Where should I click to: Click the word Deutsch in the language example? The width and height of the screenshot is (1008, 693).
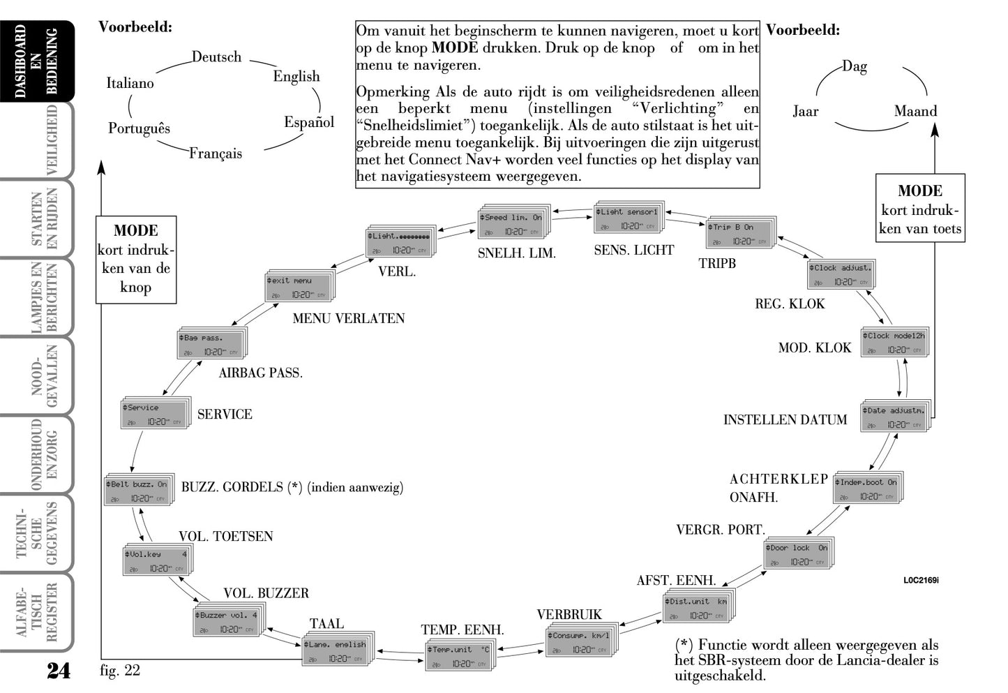pyautogui.click(x=216, y=57)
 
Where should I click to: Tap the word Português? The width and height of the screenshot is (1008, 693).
pyautogui.click(x=139, y=128)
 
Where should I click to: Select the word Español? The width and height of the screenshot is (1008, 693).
pyautogui.click(x=309, y=122)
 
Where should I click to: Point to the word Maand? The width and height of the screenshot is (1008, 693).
pyautogui.click(x=915, y=111)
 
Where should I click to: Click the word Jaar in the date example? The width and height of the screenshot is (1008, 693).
pyautogui.click(x=805, y=111)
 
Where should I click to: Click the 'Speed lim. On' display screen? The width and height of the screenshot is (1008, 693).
pyautogui.click(x=512, y=224)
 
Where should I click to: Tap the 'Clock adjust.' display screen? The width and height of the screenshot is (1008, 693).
pyautogui.click(x=840, y=274)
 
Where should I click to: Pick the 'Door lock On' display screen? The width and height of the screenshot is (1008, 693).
pyautogui.click(x=798, y=554)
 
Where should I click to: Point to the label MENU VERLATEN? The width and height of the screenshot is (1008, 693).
pyautogui.click(x=349, y=318)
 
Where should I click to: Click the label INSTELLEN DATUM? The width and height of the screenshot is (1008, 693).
pyautogui.click(x=785, y=419)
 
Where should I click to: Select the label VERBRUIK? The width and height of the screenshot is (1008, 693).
pyautogui.click(x=569, y=615)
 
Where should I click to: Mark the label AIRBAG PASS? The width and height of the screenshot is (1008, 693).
pyautogui.click(x=260, y=373)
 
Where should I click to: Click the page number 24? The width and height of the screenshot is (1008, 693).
pyautogui.click(x=59, y=671)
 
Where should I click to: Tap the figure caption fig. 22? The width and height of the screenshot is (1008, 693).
pyautogui.click(x=120, y=671)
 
